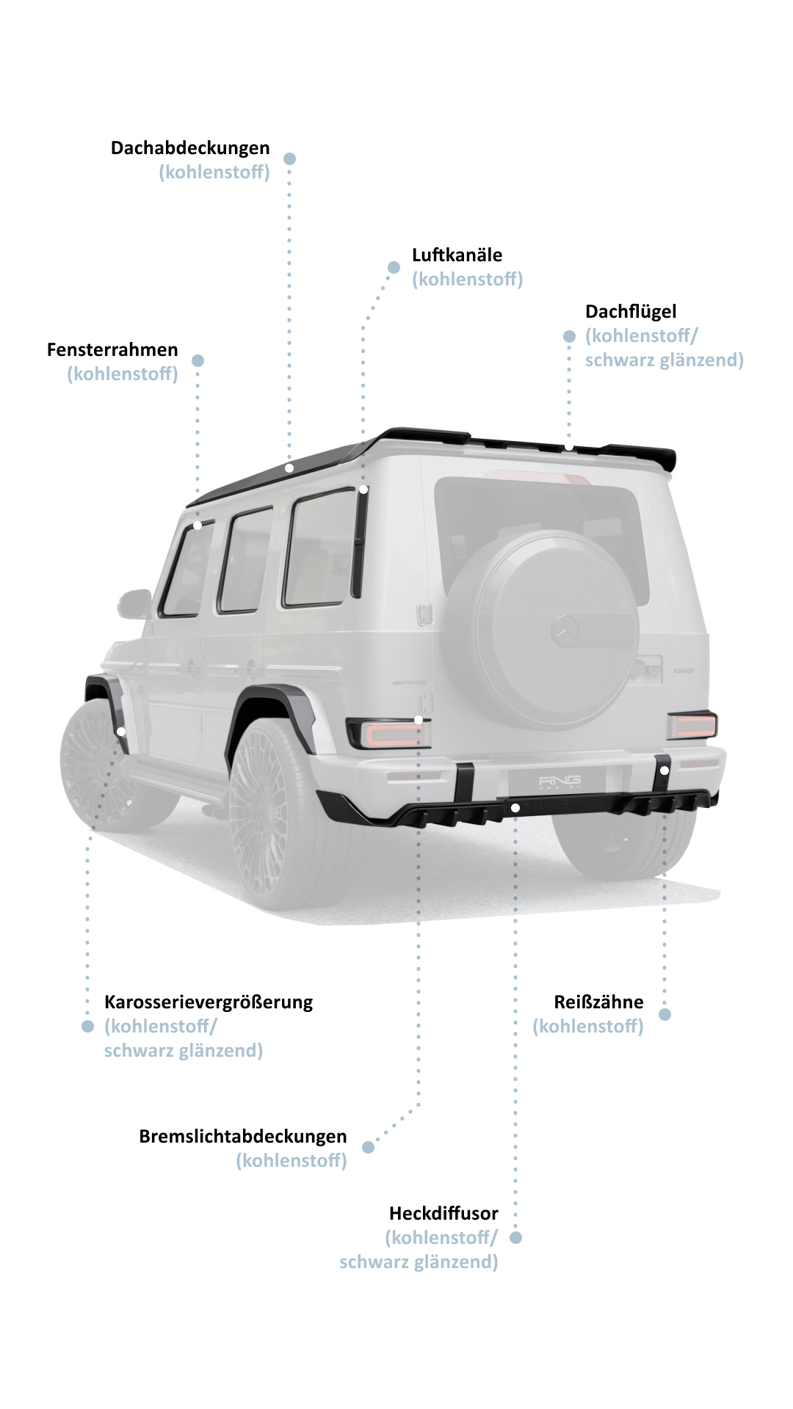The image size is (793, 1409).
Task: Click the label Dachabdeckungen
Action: [190, 148]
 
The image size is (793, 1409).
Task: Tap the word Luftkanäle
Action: [457, 255]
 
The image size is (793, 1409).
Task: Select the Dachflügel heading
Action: [631, 312]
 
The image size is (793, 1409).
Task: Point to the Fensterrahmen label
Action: [112, 350]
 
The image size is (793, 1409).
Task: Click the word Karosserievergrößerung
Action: [209, 1002]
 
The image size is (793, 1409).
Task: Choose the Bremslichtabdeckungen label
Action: [243, 1137]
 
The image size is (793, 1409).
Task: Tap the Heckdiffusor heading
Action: [443, 1213]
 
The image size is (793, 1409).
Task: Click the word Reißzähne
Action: [598, 1002]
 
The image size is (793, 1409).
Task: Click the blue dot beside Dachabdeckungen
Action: [290, 159]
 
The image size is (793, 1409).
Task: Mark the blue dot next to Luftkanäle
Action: [394, 267]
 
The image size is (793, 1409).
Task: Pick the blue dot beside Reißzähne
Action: [665, 1014]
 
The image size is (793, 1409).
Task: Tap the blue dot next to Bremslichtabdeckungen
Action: [369, 1147]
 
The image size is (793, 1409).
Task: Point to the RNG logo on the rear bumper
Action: [560, 781]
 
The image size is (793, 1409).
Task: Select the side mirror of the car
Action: [134, 604]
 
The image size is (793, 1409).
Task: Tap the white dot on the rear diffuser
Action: [515, 808]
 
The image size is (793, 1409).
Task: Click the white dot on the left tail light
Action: [419, 720]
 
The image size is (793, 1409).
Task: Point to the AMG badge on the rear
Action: [408, 682]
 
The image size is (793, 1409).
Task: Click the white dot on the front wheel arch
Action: [121, 732]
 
